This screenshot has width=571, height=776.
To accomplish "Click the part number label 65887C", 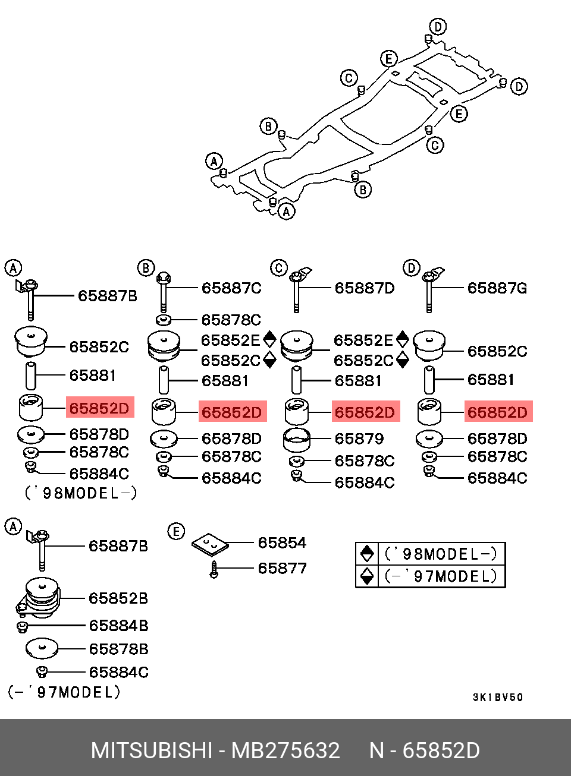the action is coord(231,288).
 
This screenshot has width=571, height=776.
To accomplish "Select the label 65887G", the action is coord(497,288).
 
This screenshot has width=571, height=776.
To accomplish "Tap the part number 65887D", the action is coord(365,288).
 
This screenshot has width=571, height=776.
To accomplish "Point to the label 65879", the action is coord(359,439).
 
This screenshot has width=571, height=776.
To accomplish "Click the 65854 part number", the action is coord(282,542).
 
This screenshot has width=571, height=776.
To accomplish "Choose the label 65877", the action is coord(282,568).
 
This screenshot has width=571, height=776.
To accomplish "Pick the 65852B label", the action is coord(118,598).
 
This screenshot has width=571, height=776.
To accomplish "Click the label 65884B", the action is coord(118,625).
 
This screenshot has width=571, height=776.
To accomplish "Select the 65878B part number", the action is coord(118,649).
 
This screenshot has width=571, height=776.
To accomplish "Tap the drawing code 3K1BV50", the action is coord(498,696).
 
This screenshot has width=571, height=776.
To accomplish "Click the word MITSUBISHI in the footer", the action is coord(151,750).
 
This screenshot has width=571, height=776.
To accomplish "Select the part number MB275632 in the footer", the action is coord(285,750).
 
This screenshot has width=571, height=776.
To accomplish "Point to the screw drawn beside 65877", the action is coord(214,569).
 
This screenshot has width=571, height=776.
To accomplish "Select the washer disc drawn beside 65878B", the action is coord(42,648).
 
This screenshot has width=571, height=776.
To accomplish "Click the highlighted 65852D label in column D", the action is coord(498,412).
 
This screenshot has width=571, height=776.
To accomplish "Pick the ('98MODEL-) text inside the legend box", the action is coord(441,554).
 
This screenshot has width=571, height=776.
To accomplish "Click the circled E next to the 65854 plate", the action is coord(176,531).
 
